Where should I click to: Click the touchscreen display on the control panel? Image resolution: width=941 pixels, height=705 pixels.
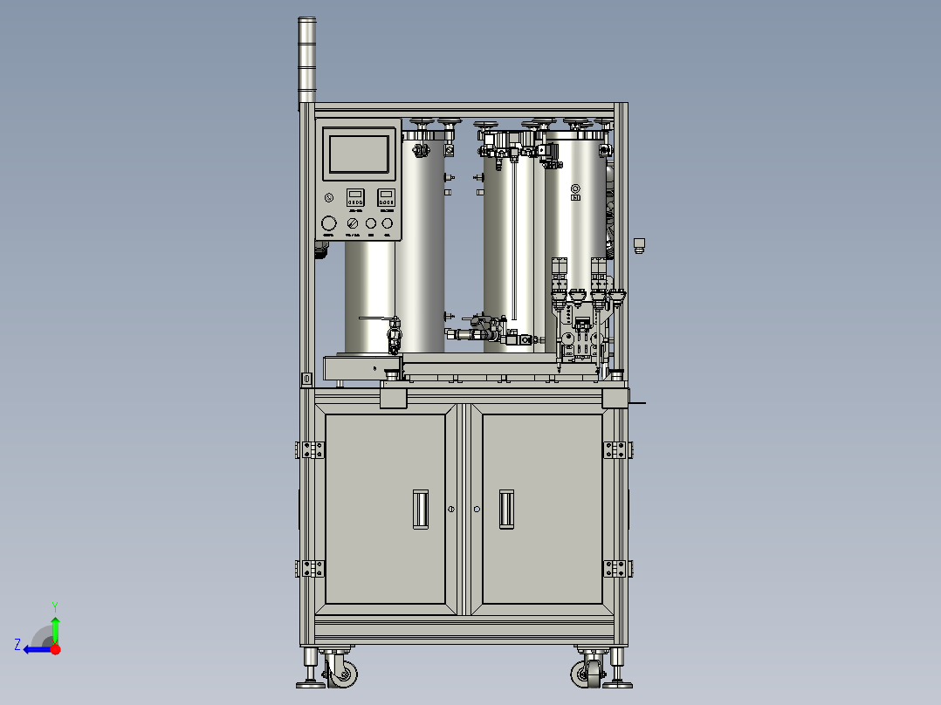tap(358, 154)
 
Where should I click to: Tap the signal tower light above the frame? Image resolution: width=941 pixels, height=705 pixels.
tap(306, 59)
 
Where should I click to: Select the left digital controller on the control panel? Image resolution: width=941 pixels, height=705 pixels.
tap(355, 197)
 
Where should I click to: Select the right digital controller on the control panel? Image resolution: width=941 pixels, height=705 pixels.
tap(385, 197)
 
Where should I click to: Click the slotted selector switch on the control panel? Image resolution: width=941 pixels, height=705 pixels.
tap(350, 223)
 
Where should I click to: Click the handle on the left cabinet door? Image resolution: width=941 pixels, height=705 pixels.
tap(421, 508)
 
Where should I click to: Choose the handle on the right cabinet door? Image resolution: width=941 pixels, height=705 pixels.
tap(506, 508)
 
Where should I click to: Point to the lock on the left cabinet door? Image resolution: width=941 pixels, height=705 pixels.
tap(451, 509)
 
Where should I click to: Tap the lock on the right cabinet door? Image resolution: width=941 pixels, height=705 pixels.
tap(477, 509)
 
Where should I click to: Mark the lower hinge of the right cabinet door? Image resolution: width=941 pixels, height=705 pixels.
tap(615, 568)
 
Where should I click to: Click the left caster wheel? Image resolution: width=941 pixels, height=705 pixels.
tap(343, 674)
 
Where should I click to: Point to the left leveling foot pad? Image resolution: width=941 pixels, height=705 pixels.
tap(310, 683)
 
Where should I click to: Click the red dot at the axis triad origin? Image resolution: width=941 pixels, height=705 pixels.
tap(55, 649)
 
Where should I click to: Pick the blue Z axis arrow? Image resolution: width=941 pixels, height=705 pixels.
tap(32, 649)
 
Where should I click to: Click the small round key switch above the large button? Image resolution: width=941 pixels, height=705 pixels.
tap(328, 197)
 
